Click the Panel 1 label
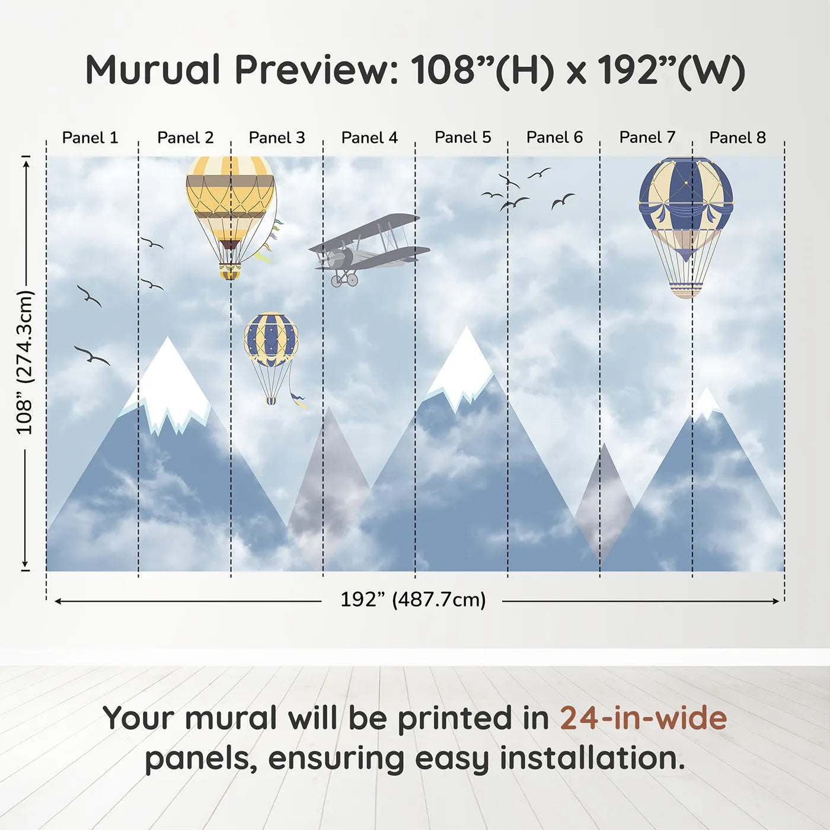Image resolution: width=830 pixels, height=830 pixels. click(x=90, y=138)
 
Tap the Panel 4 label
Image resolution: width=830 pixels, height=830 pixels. click(x=369, y=138)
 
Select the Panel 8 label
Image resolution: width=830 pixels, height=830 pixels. click(x=738, y=138)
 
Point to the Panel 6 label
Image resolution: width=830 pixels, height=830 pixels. click(x=555, y=138)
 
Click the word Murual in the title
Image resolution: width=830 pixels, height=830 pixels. click(x=153, y=70)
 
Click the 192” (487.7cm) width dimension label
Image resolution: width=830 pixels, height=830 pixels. click(x=413, y=599)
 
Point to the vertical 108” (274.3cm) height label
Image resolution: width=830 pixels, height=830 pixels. click(x=24, y=362)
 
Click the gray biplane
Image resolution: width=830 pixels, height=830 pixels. click(x=369, y=250)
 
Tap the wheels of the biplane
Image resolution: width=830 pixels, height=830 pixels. click(x=344, y=280)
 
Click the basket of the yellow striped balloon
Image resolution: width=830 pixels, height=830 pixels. click(x=230, y=272)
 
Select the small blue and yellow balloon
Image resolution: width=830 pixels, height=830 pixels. click(x=271, y=357)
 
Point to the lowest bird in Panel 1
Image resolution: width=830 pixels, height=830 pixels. click(x=92, y=355)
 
